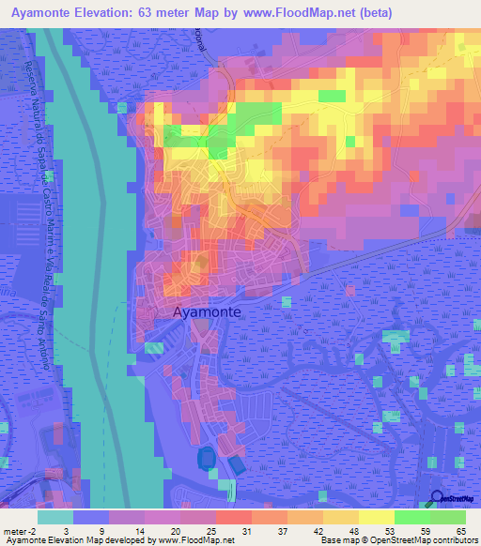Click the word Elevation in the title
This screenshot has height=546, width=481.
[111, 12]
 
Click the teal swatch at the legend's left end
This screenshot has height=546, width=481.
[55, 517]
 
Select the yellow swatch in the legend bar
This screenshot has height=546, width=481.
[376, 517]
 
